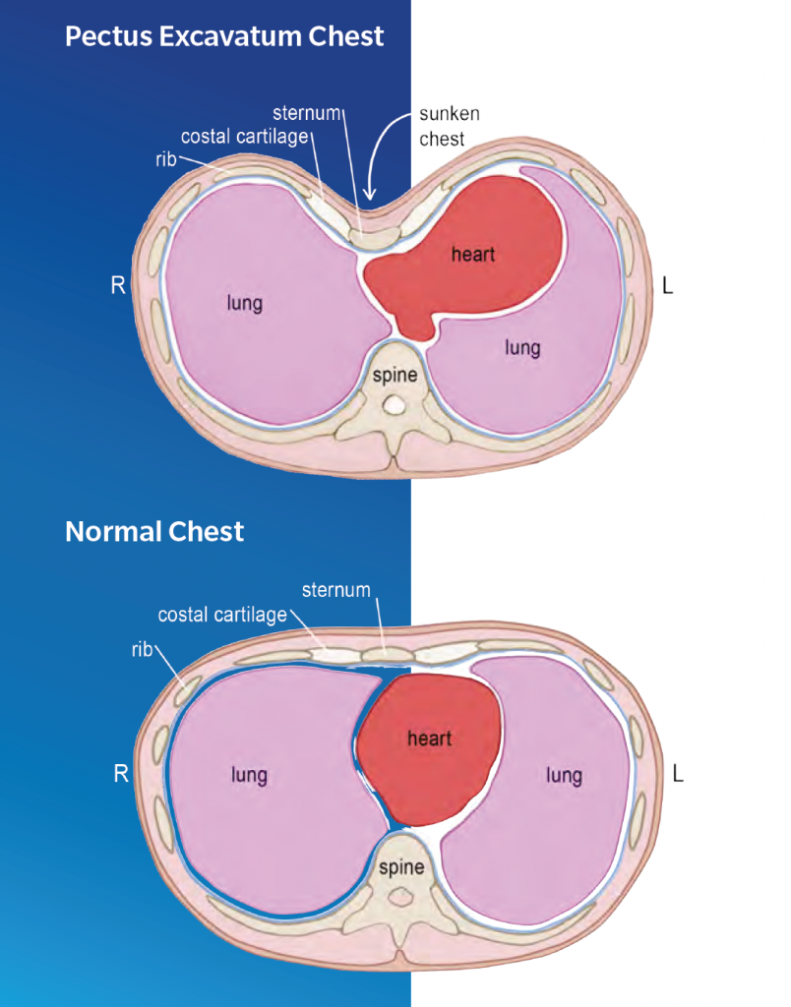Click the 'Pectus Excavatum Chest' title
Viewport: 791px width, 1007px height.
pyautogui.click(x=224, y=36)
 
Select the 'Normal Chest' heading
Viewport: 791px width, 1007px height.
pyautogui.click(x=154, y=532)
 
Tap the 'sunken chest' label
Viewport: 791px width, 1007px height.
pyautogui.click(x=450, y=127)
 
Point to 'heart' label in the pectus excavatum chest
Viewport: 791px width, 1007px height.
pyautogui.click(x=473, y=255)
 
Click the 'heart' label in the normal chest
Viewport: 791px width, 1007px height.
pyautogui.click(x=429, y=739)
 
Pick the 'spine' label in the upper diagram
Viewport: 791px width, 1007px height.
pyautogui.click(x=395, y=375)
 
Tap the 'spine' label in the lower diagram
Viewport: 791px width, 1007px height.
pyautogui.click(x=401, y=867)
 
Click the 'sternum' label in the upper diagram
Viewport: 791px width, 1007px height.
pyautogui.click(x=307, y=113)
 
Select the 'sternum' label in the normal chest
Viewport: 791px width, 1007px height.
pyautogui.click(x=336, y=590)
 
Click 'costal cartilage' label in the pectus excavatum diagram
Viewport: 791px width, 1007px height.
pyautogui.click(x=245, y=137)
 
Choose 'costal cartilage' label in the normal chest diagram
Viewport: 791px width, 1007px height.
pyautogui.click(x=222, y=616)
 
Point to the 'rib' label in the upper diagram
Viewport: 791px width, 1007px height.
pyautogui.click(x=166, y=159)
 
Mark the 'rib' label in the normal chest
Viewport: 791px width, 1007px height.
pyautogui.click(x=142, y=650)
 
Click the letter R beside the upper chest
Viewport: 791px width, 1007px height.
pyautogui.click(x=118, y=285)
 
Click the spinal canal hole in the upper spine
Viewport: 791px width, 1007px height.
pyautogui.click(x=395, y=405)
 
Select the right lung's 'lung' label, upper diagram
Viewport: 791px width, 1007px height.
pyautogui.click(x=245, y=303)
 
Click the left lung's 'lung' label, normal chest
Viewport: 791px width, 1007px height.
pyautogui.click(x=564, y=775)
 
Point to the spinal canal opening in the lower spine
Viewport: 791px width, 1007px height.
pyautogui.click(x=401, y=897)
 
